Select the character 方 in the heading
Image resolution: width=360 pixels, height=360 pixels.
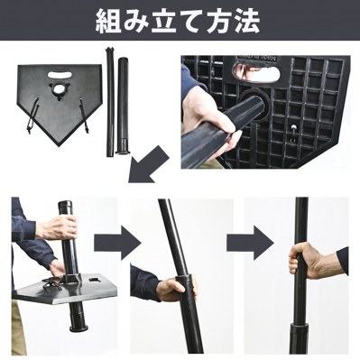pos(218,22)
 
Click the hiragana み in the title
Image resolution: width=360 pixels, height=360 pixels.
pos(136,22)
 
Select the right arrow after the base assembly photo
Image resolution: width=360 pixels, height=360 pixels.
pos(117,243)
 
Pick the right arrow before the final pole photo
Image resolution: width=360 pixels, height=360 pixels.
pos(250,243)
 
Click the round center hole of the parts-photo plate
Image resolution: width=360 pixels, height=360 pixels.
pos(60,89)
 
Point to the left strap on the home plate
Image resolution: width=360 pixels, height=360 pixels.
pos(33,115)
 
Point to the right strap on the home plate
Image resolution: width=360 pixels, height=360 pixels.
pos(84,115)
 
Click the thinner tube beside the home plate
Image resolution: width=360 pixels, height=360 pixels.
pos(109,102)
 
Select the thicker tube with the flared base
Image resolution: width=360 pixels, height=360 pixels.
pos(123,106)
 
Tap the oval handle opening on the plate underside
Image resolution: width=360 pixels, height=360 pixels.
pos(255,72)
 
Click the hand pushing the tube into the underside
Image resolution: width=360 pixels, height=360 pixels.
pos(208,120)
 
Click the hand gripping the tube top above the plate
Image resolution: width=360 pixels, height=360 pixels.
pos(57,227)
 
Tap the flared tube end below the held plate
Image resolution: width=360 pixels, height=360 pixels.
pos(78,323)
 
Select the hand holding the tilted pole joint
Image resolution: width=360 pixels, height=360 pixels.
pos(177,288)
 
